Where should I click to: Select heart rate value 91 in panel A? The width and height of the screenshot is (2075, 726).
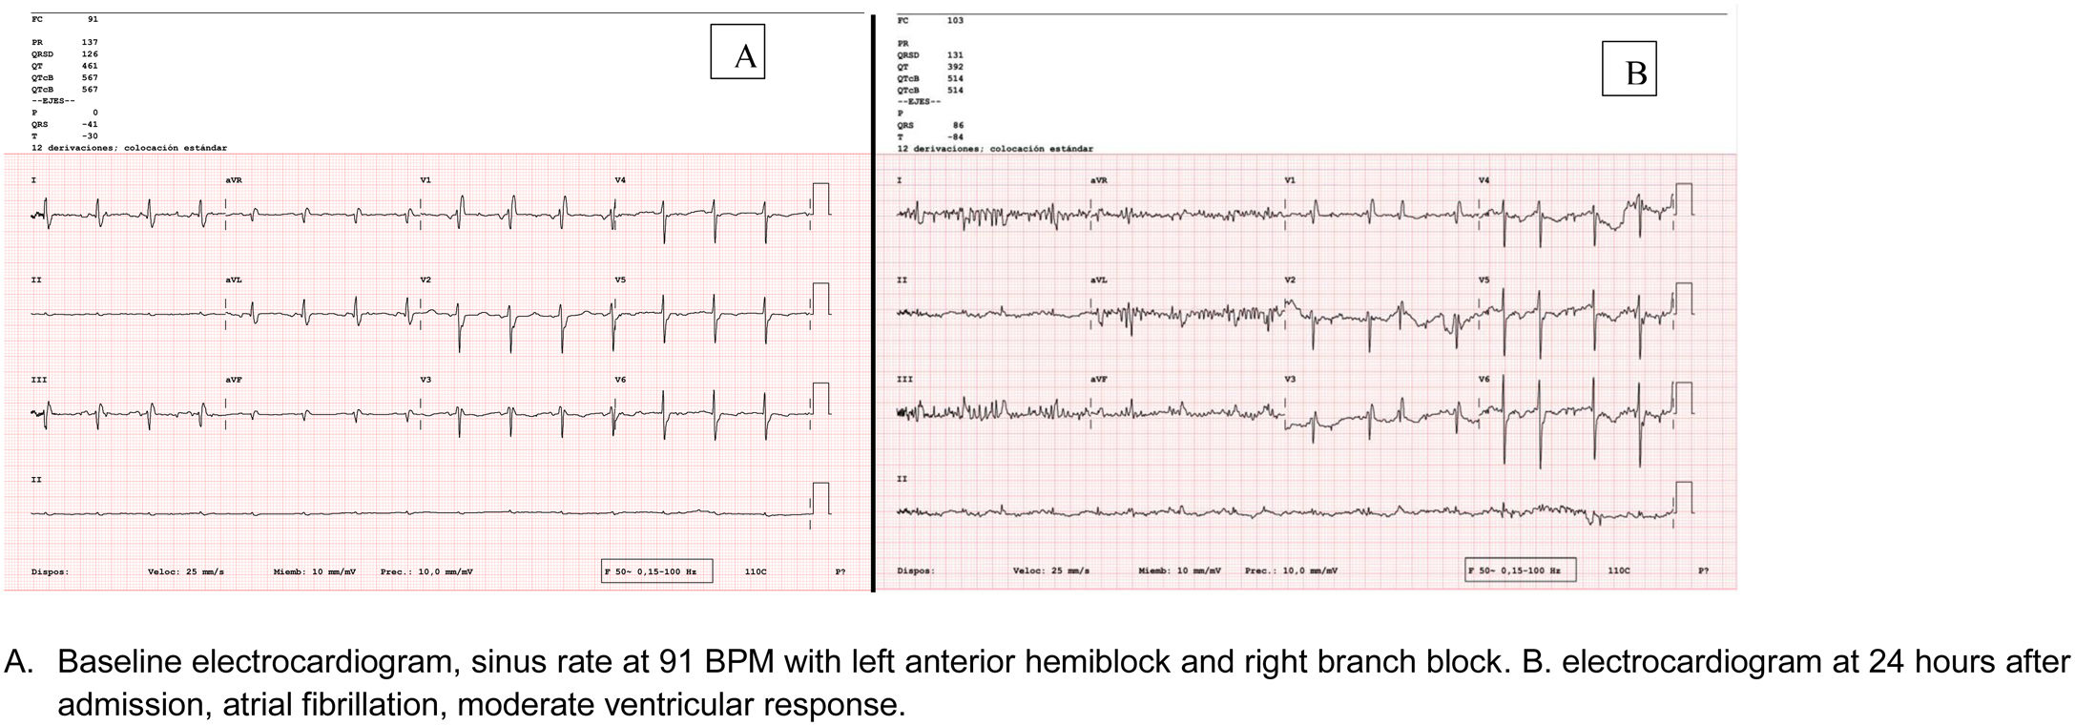coord(93,19)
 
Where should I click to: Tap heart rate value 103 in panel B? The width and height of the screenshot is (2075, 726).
coord(955,20)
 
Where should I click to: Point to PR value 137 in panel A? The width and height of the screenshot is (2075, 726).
coord(91,42)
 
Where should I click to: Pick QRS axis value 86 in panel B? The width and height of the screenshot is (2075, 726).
coord(958,125)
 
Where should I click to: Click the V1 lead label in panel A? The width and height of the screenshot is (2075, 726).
coord(425,179)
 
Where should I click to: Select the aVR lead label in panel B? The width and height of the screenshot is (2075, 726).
coord(1099,180)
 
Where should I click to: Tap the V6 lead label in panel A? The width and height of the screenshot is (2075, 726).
coord(620,380)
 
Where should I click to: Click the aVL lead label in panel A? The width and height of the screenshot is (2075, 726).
coord(234,280)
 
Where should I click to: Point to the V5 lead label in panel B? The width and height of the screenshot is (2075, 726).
coord(1484,280)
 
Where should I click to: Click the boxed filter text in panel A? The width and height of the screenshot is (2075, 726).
coord(657,571)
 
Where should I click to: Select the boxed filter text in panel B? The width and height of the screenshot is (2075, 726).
coord(1521,570)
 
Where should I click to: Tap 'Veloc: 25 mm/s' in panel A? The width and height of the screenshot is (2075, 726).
coord(186,572)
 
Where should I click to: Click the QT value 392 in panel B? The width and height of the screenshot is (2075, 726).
coord(955,67)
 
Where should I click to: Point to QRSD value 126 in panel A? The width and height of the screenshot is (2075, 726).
coord(90,54)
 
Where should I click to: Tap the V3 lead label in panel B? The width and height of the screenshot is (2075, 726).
coord(1290,380)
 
